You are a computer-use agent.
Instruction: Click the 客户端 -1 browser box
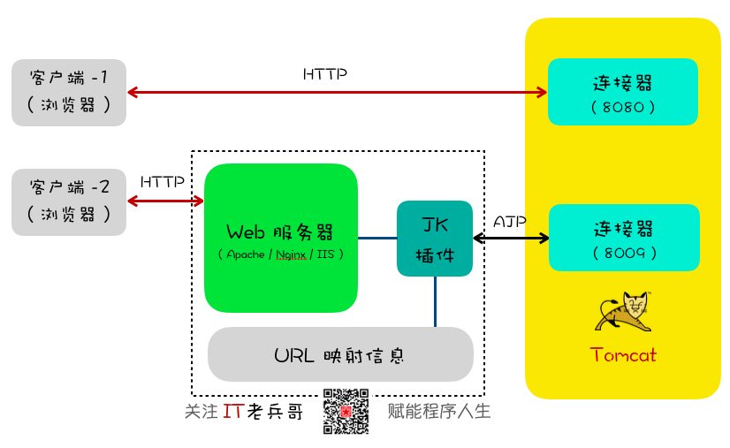tap(69, 92)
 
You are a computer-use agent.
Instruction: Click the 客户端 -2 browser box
tap(69, 202)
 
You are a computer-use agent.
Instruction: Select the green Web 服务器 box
tap(280, 238)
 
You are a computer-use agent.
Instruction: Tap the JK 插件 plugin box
tap(434, 239)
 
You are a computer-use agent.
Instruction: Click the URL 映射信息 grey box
tap(340, 354)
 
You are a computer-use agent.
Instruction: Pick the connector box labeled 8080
tap(623, 92)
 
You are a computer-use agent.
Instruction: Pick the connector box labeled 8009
tap(623, 238)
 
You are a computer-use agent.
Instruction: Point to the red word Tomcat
tap(623, 355)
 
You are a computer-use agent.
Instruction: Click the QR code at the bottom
tap(346, 412)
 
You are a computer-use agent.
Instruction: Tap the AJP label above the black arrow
tap(510, 221)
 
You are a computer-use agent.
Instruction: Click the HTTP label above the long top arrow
tap(325, 74)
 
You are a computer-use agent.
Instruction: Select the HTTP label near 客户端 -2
tap(163, 182)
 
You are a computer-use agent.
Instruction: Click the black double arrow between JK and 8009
tap(511, 238)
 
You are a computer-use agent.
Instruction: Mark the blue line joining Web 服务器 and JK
tap(377, 238)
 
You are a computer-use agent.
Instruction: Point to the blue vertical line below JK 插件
tap(436, 301)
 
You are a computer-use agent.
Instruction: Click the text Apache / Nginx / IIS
tap(280, 254)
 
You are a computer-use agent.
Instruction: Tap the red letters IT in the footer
tap(232, 412)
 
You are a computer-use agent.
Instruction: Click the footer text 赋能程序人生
tap(438, 412)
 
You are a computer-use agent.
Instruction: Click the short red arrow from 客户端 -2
tap(165, 201)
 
